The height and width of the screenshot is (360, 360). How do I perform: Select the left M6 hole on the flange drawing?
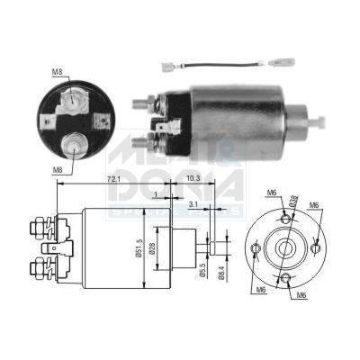(257, 247)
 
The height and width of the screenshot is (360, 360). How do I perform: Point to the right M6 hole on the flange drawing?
(317, 240)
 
